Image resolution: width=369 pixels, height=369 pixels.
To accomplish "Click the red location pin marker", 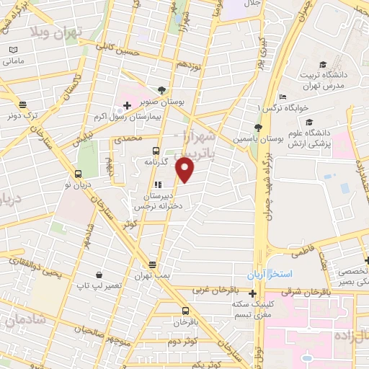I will (x=185, y=170).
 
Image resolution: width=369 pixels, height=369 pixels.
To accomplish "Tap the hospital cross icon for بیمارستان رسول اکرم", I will (x=128, y=106).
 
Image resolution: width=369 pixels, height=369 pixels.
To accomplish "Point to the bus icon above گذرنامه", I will (x=156, y=151).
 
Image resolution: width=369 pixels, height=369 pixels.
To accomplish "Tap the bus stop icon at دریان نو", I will (x=79, y=173).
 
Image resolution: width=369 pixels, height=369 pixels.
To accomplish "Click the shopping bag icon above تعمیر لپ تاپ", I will (x=99, y=275).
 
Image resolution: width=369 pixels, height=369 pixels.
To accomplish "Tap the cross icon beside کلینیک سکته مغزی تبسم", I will (x=252, y=294).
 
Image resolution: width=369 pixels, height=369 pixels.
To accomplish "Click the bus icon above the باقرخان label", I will (x=185, y=311).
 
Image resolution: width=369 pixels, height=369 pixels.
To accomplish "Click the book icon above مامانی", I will (x=12, y=49).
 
